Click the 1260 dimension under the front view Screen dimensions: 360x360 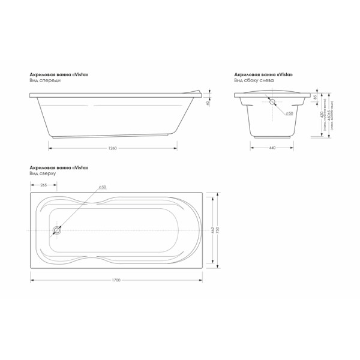112,147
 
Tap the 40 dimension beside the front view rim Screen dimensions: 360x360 208,103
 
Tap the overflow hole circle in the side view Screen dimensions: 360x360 273,101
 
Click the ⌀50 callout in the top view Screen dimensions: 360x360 102,187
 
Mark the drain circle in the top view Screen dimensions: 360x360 57,230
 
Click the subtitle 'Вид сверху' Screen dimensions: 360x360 41,173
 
